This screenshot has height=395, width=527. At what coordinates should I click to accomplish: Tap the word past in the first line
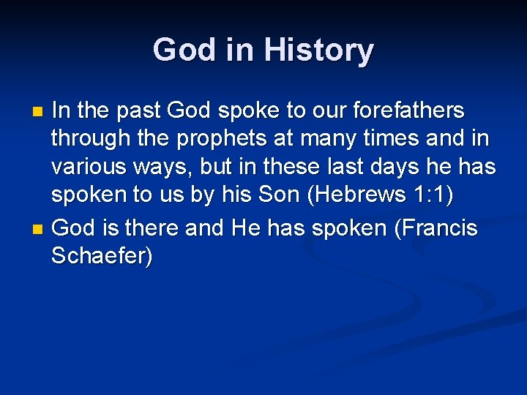tap(137, 112)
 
